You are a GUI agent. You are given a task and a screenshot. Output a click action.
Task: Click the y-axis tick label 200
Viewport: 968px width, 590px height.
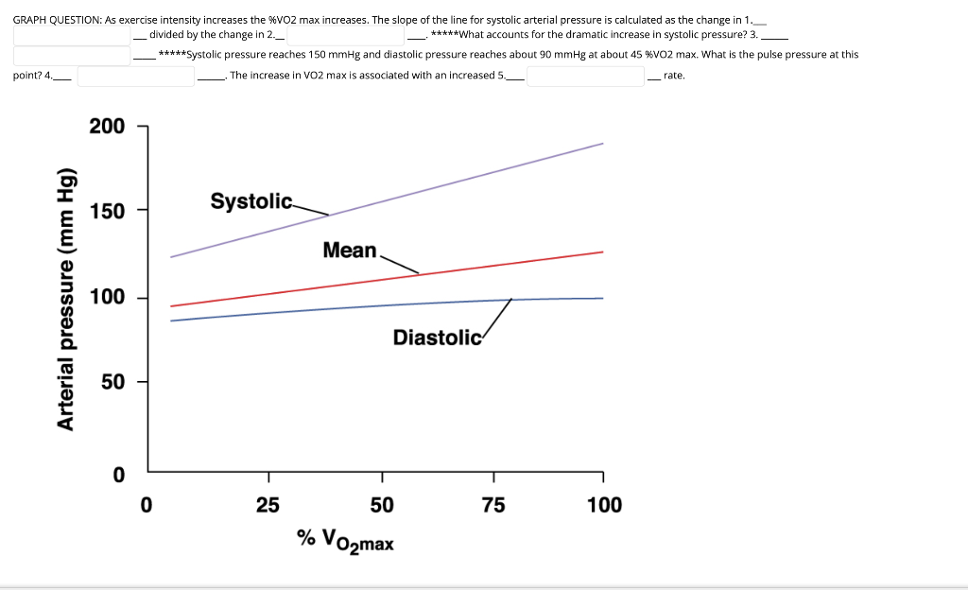(106, 127)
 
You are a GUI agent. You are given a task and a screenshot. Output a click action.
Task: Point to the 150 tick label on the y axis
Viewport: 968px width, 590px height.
(106, 210)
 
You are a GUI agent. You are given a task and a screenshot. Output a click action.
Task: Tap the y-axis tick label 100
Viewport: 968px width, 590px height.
(106, 298)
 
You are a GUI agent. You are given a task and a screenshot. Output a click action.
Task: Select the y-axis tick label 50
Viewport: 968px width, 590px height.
(112, 382)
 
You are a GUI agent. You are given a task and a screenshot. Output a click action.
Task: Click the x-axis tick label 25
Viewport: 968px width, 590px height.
(268, 505)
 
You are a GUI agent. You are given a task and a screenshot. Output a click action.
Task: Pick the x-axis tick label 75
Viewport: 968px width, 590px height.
(493, 505)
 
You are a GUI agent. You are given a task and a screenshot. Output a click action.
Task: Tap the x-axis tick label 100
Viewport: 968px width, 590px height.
(604, 505)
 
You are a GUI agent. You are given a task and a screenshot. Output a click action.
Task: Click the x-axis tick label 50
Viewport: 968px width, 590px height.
(382, 505)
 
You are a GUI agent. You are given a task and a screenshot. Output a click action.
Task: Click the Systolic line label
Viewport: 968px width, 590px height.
(251, 201)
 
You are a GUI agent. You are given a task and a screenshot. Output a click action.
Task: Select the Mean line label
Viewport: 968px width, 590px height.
(349, 251)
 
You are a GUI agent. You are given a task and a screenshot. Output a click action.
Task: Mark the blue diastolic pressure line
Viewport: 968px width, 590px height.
(284, 311)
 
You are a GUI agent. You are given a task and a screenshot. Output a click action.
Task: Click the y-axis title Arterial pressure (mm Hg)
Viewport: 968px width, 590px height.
(66, 298)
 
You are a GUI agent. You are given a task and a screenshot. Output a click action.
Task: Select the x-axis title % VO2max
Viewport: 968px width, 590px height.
(346, 540)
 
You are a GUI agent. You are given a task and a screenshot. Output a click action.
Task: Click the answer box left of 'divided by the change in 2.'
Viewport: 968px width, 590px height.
(72, 35)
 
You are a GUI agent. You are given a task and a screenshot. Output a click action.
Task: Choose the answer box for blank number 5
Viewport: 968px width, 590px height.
(584, 76)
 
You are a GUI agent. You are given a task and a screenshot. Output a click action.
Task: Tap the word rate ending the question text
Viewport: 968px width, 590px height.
(674, 75)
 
